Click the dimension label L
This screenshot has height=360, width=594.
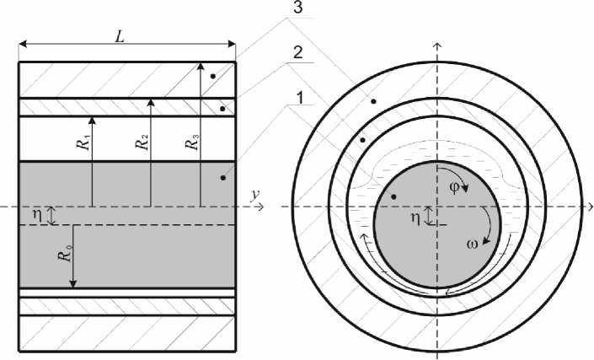(120, 36)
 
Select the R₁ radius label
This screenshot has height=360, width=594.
(86, 141)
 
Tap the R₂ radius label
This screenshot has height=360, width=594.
(143, 142)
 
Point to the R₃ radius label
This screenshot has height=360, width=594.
(192, 141)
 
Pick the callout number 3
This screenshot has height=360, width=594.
(297, 8)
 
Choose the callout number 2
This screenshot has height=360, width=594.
(298, 52)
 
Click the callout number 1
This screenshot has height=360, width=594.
(300, 99)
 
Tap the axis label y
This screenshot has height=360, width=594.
(255, 195)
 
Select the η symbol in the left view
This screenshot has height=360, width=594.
(38, 214)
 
